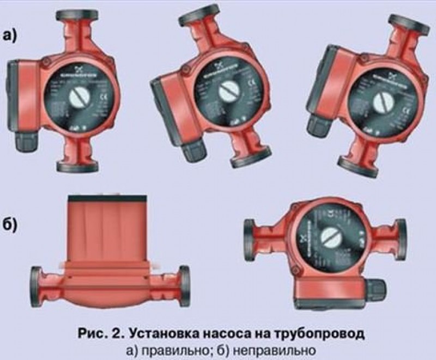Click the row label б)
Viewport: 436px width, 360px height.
pyautogui.click(x=12, y=224)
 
